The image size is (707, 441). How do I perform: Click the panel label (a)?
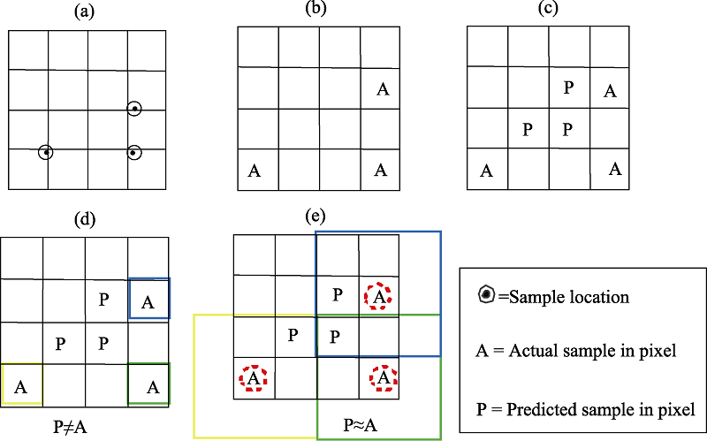[84, 11]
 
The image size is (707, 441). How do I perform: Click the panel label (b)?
[315, 8]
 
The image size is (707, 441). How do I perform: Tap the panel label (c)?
[548, 8]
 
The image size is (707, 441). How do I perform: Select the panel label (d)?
[84, 219]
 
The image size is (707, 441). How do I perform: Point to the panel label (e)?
[315, 217]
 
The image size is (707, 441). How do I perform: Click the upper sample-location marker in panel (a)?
[134, 109]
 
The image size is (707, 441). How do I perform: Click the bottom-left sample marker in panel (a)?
[46, 152]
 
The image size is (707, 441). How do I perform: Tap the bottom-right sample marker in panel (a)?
[134, 153]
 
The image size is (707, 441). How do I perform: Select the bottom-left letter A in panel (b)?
[255, 171]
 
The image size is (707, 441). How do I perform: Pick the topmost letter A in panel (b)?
[383, 89]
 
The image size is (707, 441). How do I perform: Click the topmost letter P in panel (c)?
[569, 87]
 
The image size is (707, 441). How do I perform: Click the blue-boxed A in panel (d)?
[148, 302]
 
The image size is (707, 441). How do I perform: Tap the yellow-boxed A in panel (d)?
[20, 387]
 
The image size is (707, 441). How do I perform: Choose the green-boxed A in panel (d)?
[153, 387]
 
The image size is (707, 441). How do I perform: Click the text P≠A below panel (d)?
[70, 427]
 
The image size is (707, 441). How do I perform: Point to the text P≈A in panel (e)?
[361, 425]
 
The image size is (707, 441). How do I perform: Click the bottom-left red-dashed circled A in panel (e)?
[254, 378]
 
